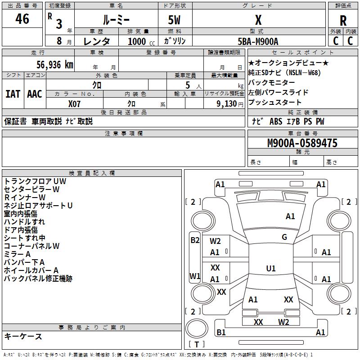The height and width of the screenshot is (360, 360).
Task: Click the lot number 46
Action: [22, 19]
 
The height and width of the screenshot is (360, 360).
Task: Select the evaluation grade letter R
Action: [343, 20]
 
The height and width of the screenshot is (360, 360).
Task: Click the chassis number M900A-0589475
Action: [302, 143]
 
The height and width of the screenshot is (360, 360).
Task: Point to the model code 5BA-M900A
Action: [258, 41]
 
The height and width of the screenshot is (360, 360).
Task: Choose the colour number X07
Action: [75, 103]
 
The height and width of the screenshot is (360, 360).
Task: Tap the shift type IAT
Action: [13, 94]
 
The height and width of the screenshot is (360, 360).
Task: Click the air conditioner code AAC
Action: [35, 94]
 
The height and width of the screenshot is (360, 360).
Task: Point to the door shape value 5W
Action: [174, 20]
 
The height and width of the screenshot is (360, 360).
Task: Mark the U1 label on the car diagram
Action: [271, 269]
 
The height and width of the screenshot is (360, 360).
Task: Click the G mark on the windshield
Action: [284, 237]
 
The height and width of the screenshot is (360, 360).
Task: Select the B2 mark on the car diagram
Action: [195, 240]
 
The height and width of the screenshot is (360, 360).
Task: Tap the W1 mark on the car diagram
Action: [195, 276]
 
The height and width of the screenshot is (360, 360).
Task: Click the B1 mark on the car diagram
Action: [221, 333]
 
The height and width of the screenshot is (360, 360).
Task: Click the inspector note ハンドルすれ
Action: [24, 222]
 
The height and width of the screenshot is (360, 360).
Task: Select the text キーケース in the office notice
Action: [23, 336]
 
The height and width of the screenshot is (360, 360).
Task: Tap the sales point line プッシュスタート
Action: [275, 102]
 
